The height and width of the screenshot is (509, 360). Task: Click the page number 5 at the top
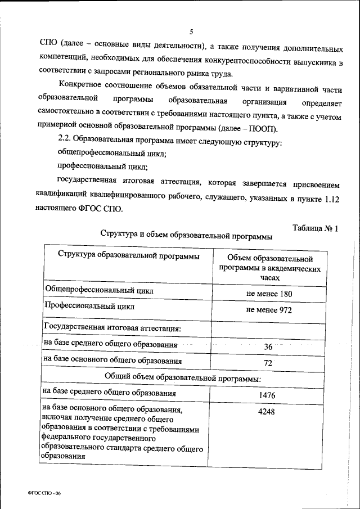[191, 31]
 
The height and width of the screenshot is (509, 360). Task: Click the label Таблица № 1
[316, 228]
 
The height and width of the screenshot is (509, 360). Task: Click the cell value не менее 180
[269, 294]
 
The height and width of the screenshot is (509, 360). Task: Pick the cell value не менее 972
[269, 310]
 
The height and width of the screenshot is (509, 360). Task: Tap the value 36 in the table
[268, 347]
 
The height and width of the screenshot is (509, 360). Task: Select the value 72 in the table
[268, 363]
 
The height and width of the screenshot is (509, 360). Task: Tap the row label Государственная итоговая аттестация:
[112, 327]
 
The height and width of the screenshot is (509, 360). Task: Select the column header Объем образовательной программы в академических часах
[269, 268]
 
